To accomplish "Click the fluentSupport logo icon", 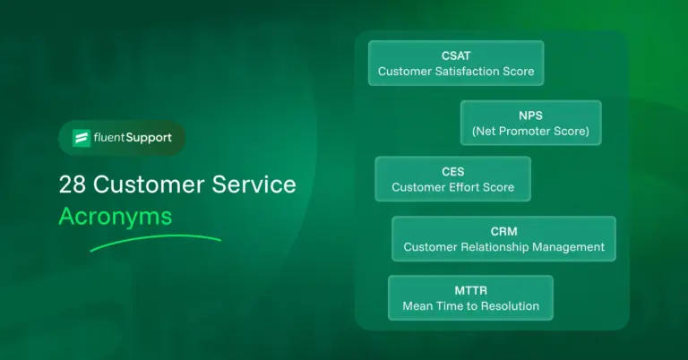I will tap(82, 139).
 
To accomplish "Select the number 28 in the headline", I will tap(73, 185).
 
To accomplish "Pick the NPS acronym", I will tap(530, 115).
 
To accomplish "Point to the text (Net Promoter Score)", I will tap(530, 131).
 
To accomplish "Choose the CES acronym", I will tap(452, 172).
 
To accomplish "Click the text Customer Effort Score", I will tap(452, 188).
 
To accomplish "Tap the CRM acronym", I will tap(503, 231).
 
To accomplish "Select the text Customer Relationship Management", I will tap(503, 247).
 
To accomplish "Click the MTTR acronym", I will tap(470, 290).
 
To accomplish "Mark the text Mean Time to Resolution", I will tap(470, 306).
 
